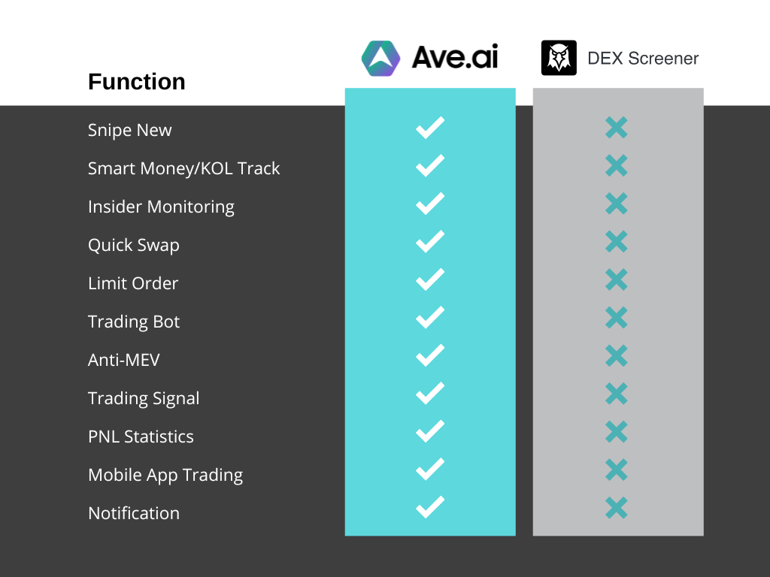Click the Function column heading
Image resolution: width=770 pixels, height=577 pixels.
[x=137, y=81]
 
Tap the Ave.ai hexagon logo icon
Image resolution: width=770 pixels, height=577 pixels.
[x=380, y=59]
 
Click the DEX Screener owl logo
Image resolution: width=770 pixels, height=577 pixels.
[x=559, y=58]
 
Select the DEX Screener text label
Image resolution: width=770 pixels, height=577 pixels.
[x=643, y=59]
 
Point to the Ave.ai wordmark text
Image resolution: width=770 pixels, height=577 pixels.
[x=455, y=57]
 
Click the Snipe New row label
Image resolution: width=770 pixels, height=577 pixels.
[x=129, y=130]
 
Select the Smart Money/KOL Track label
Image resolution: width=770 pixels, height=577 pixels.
[x=183, y=168]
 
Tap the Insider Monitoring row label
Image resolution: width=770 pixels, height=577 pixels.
[x=161, y=207]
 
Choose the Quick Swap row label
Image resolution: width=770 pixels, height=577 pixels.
[x=134, y=246]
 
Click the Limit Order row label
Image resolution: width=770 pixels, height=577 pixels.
[x=133, y=283]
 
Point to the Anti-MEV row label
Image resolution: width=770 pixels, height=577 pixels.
[x=124, y=360]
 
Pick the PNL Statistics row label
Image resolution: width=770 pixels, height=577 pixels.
[x=141, y=437]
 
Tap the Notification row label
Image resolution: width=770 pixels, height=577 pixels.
[x=134, y=513]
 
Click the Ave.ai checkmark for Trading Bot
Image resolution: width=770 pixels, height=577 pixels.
[x=430, y=318]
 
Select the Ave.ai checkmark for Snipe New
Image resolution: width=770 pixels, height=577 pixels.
[x=430, y=128]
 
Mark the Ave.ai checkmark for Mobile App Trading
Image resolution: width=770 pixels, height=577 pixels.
[x=430, y=470]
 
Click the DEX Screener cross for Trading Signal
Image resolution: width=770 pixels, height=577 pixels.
[x=617, y=394]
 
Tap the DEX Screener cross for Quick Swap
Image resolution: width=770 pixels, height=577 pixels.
[x=617, y=241]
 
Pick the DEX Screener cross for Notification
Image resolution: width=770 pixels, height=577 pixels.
[x=617, y=508]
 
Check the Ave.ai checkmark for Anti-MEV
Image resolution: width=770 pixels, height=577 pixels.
[x=430, y=355]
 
